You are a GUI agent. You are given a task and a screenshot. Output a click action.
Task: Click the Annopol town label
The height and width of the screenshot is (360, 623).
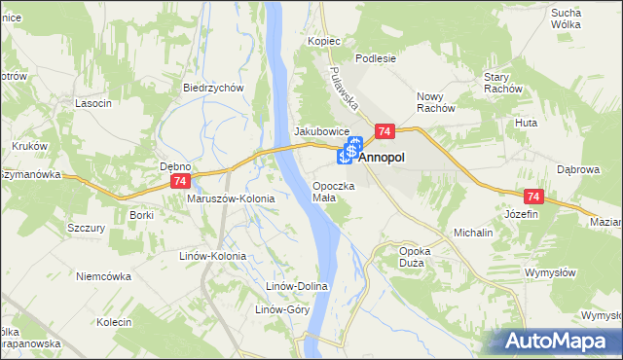[x=383, y=156]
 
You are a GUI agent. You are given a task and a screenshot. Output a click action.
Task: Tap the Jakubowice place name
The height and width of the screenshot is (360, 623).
[x=321, y=131]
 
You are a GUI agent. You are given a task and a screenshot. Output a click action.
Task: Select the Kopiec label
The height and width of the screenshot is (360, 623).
[x=324, y=42]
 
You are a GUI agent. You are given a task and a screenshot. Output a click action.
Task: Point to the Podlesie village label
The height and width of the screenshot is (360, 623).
[x=375, y=58]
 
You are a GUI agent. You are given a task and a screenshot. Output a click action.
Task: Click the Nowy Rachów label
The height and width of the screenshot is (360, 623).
[x=436, y=102]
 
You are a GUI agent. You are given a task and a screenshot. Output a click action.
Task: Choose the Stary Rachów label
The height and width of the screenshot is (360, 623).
[x=503, y=83]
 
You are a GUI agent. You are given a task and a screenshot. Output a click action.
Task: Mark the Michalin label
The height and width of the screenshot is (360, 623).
[x=473, y=234]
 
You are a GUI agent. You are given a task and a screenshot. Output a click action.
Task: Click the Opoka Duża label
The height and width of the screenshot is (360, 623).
[x=416, y=257]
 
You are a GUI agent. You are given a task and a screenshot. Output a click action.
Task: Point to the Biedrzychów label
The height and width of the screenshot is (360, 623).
[x=212, y=88]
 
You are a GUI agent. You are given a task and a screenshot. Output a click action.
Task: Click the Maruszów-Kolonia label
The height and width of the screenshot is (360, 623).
[x=231, y=198]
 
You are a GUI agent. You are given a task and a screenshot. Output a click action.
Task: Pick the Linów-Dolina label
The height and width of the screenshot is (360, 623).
[x=299, y=287]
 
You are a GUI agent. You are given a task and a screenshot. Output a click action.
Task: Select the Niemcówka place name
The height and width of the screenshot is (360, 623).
[x=103, y=276]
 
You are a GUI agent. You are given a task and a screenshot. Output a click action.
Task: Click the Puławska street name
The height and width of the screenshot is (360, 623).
[x=345, y=90]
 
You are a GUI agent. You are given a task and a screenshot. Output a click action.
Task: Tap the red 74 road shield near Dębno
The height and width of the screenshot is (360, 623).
[x=179, y=182]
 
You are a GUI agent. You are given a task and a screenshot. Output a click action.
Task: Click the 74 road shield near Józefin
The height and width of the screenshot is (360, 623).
[x=531, y=196]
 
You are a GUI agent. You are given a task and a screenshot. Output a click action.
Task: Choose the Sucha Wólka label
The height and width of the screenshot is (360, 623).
[x=593, y=19]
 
